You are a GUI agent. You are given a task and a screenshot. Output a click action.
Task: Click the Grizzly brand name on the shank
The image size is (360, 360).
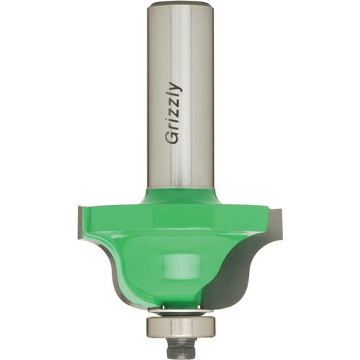coord(174,115)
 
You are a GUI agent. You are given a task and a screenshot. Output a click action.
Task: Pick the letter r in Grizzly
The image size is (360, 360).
coord(175,130)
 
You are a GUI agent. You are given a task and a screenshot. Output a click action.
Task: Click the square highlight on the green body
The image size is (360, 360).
coord(174,261)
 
